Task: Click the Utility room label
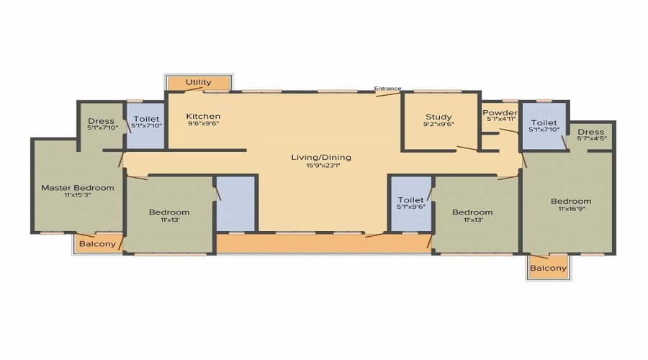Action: (199, 82)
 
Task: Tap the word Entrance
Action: (387, 89)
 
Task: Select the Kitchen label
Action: (203, 116)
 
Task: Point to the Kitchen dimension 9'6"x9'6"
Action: (203, 124)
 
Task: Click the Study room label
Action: (438, 117)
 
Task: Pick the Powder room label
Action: (500, 113)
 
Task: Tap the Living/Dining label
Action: (321, 158)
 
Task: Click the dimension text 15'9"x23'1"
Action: (323, 166)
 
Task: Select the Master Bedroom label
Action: (78, 188)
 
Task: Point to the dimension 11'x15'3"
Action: (78, 194)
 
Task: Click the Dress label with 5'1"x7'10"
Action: (101, 121)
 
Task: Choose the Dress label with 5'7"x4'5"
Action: (591, 132)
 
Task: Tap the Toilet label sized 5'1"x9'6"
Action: (411, 200)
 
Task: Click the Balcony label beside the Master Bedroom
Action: (97, 244)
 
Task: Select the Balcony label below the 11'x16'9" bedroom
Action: (549, 269)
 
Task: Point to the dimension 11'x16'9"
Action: (572, 209)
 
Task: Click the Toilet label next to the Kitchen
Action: (146, 119)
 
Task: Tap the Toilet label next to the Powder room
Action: (544, 122)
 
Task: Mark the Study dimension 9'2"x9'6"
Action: (438, 124)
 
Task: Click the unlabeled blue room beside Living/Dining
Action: (235, 204)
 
